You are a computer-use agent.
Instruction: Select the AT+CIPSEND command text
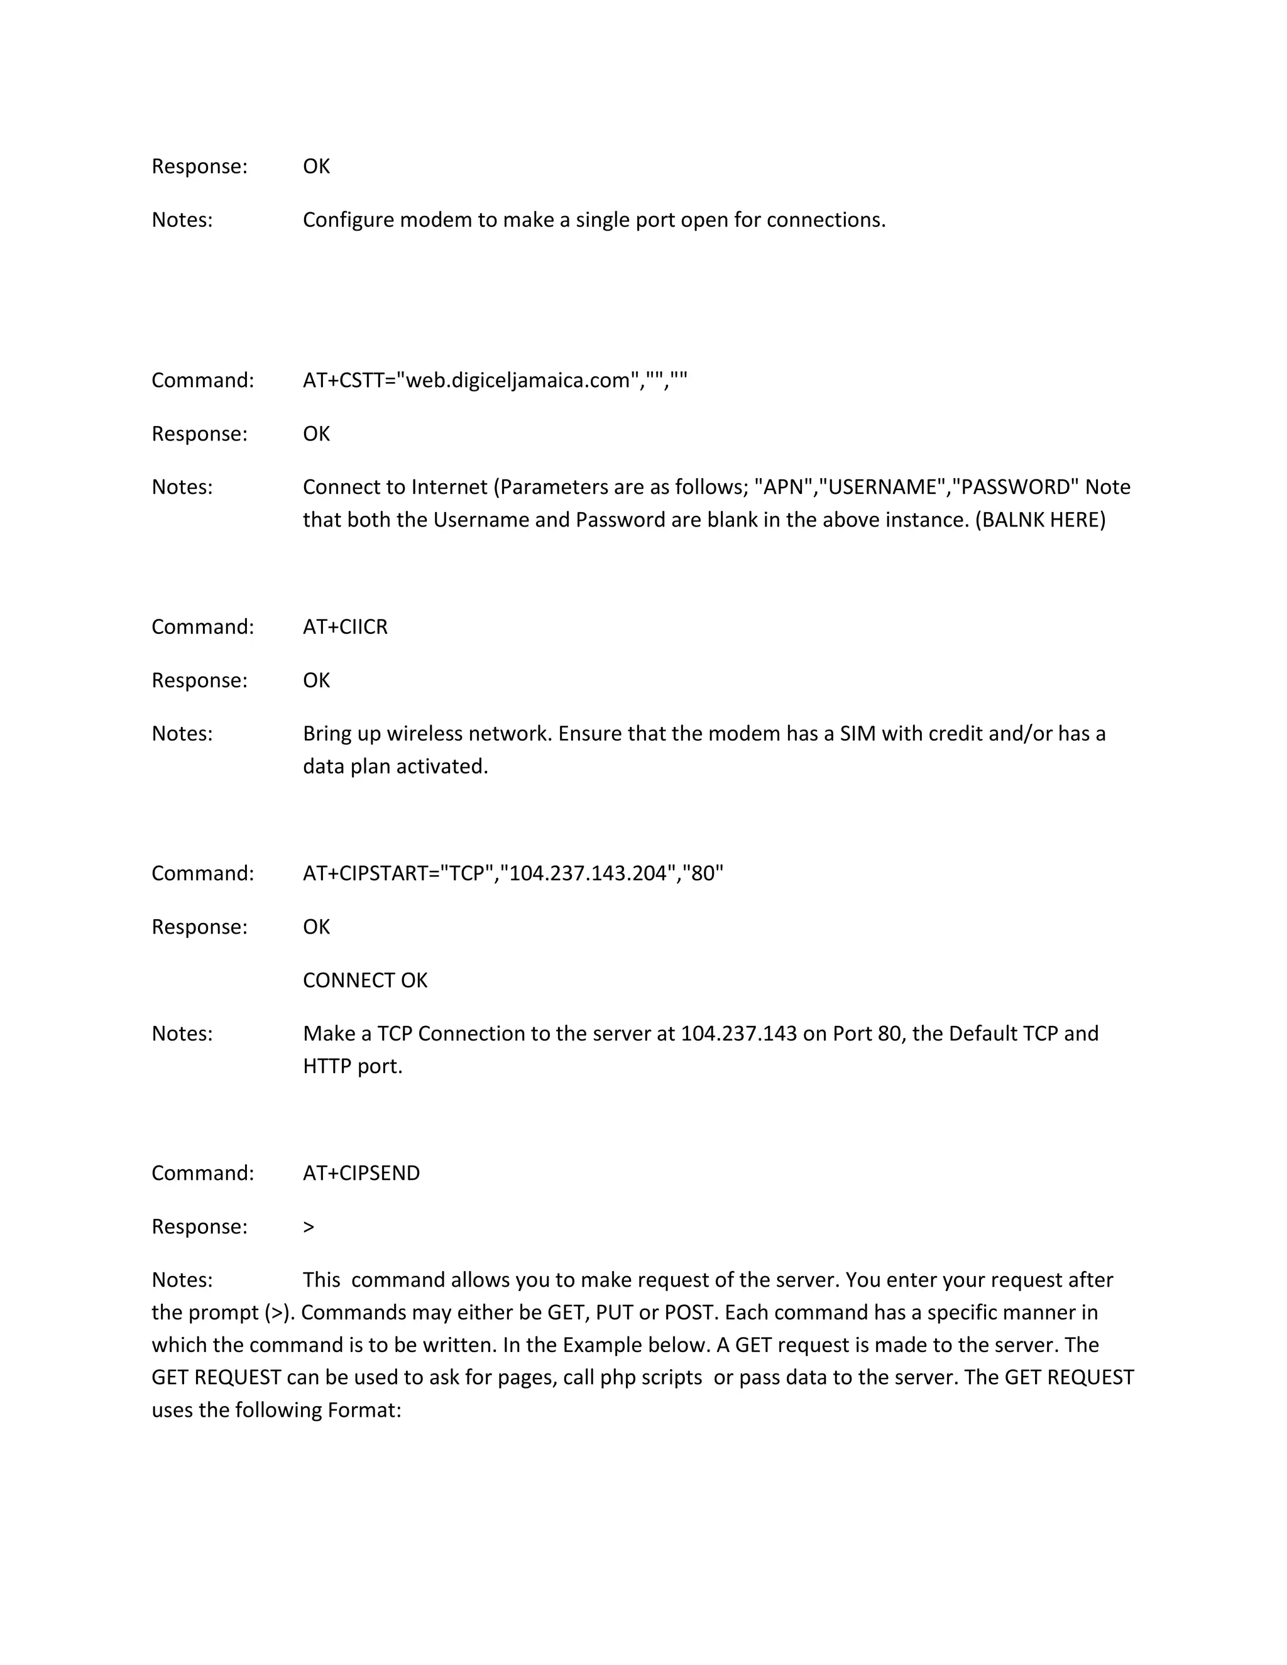pos(361,1172)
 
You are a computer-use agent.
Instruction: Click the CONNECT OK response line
pos(364,980)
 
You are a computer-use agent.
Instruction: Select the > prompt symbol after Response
pos(309,1226)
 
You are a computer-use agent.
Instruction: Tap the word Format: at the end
pos(364,1411)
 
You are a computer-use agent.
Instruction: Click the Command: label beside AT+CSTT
pos(202,380)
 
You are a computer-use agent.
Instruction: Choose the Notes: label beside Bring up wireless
pos(182,733)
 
